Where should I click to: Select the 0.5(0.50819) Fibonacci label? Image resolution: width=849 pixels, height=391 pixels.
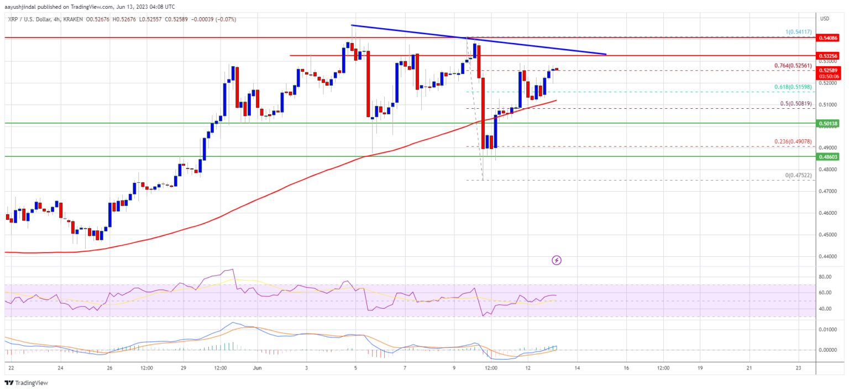pos(794,104)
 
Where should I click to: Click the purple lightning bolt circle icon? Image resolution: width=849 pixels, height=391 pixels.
pos(557,260)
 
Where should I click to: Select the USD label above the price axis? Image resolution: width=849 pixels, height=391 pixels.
pos(825,19)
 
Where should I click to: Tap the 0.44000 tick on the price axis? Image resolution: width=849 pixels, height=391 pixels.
pos(827,256)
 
